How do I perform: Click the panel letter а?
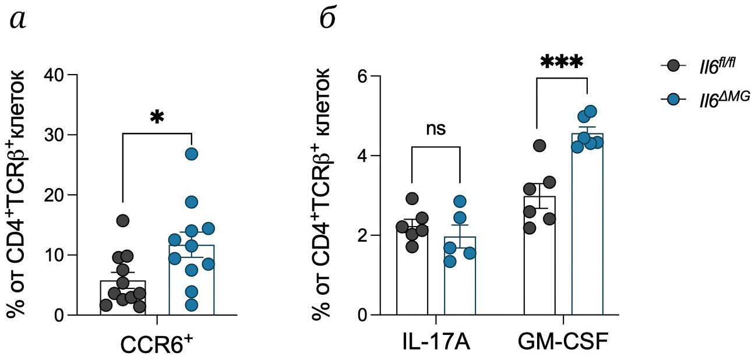tap(19, 21)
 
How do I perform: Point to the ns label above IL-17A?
tap(436, 128)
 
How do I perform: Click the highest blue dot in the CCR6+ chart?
tap(192, 154)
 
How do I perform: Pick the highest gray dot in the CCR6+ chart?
tap(122, 221)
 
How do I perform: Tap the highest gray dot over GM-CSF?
tap(539, 145)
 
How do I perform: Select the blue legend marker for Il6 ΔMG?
tap(675, 100)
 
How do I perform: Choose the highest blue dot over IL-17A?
tap(460, 202)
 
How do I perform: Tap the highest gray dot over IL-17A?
tap(412, 199)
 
